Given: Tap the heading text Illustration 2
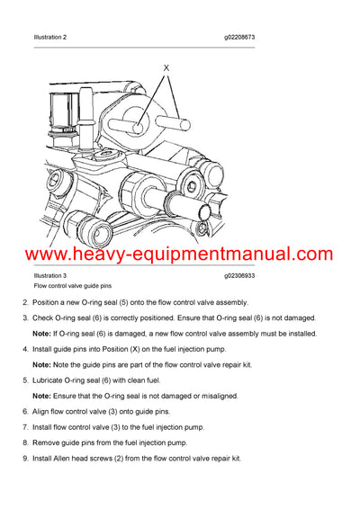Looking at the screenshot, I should (x=50, y=37).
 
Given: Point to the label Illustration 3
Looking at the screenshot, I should (x=50, y=274).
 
